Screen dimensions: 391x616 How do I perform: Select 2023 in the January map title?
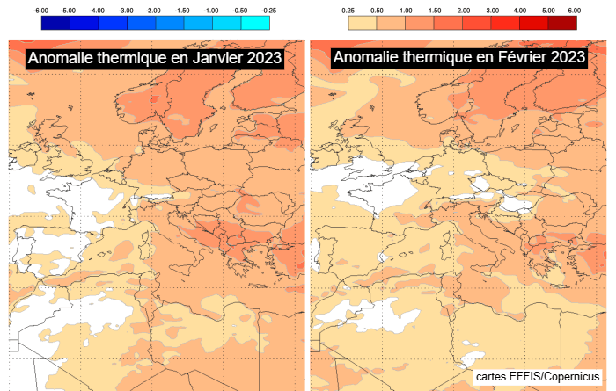[x=262, y=58]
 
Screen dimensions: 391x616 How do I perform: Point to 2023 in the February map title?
[x=565, y=58]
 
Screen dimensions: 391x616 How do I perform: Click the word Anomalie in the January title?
[x=60, y=58]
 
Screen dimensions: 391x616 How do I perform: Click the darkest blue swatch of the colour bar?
[x=55, y=22]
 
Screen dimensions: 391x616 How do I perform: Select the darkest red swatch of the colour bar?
[x=561, y=22]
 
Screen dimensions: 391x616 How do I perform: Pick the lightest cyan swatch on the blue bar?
[x=255, y=22]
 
